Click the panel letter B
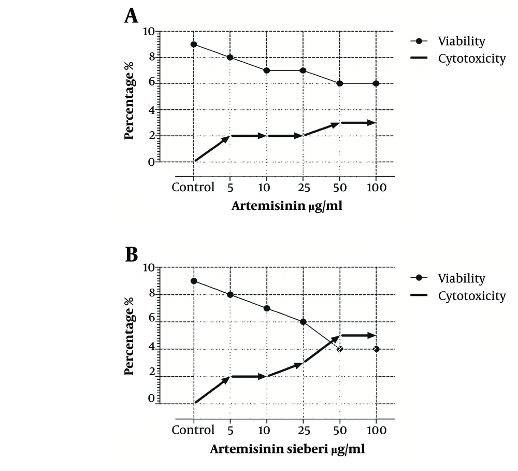tap(131, 254)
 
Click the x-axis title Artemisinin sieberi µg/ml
tap(287, 449)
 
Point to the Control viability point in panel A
tap(194, 45)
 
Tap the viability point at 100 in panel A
tap(376, 83)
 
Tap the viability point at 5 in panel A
tap(231, 58)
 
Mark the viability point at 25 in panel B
tap(304, 322)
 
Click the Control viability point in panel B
tap(194, 281)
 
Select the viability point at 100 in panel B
tap(376, 349)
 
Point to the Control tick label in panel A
tap(193, 188)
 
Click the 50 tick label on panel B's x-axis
tap(340, 430)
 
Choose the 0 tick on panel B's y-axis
tap(151, 399)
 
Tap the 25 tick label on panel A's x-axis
tap(304, 188)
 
